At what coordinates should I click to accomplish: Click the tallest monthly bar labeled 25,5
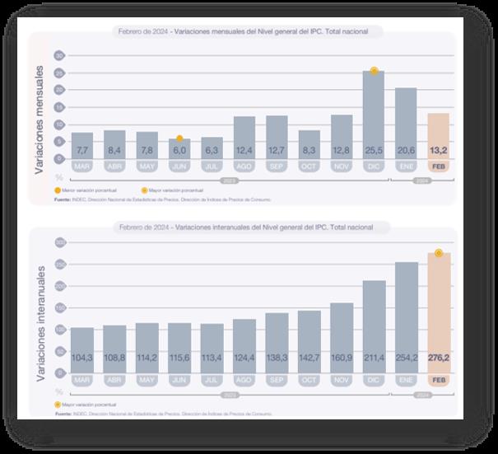coord(374,115)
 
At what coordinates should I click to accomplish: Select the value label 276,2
coord(438,358)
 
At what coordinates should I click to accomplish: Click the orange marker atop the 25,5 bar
coord(374,71)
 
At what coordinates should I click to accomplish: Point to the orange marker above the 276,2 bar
coord(439,253)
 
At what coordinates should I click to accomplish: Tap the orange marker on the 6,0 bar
coord(179,138)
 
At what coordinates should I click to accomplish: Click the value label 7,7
coord(82,151)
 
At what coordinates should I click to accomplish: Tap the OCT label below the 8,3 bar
coord(309,166)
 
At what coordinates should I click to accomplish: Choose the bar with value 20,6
coord(406,124)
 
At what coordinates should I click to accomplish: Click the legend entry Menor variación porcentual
coord(82,190)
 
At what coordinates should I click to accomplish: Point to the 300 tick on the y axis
coord(59,243)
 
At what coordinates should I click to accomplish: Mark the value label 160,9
coord(341,358)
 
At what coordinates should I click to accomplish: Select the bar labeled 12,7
coord(277,137)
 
